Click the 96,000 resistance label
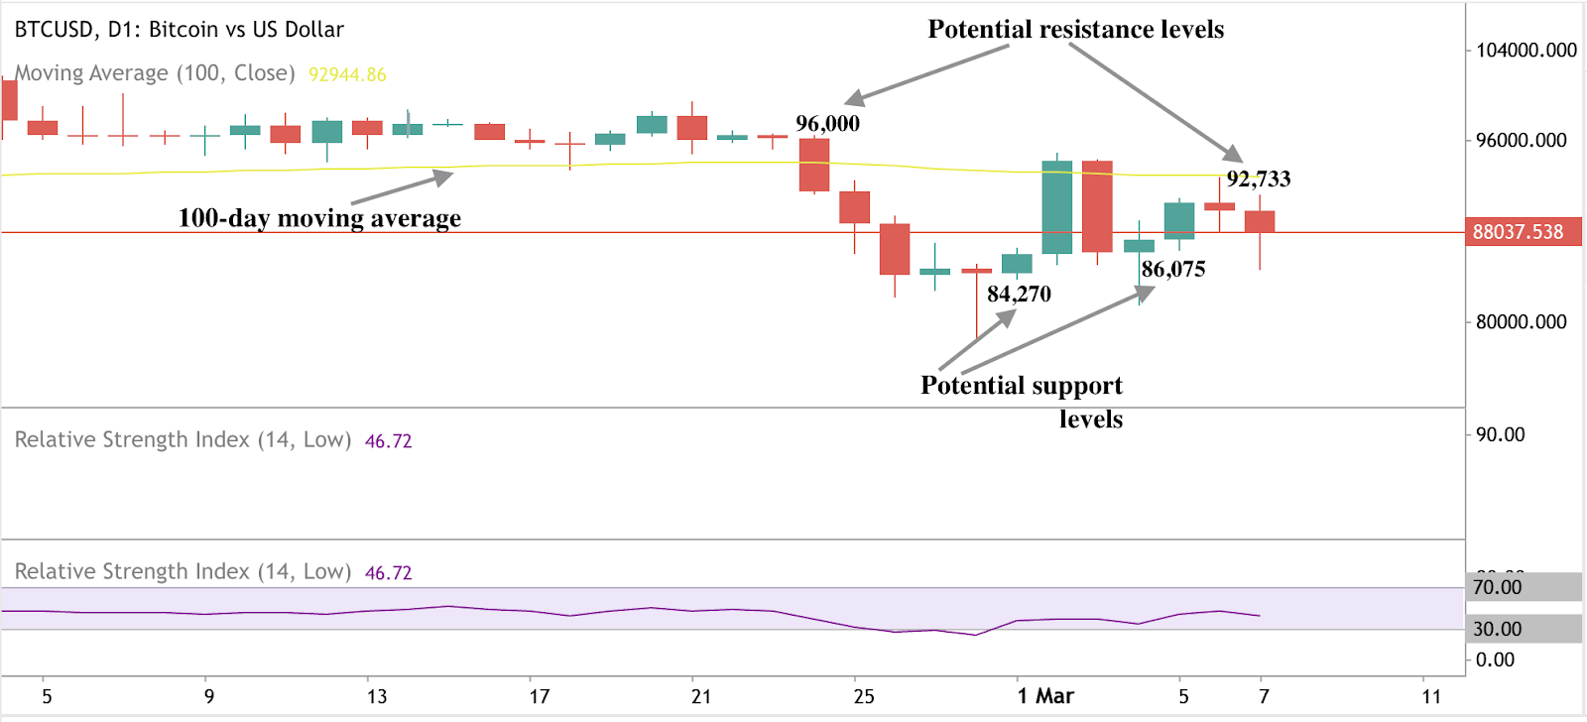click(827, 124)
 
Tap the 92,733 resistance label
click(1258, 180)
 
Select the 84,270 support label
click(1019, 295)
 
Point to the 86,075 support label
click(1172, 270)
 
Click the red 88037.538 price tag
click(1518, 232)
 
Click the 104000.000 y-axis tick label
click(1526, 51)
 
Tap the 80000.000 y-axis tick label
click(1521, 322)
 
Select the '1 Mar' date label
click(1045, 696)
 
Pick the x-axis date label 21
click(700, 696)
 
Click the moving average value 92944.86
click(347, 74)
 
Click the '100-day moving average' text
click(319, 218)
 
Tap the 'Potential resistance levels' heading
click(1075, 30)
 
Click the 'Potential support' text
click(1021, 386)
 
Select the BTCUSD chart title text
click(179, 30)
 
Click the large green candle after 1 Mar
click(1057, 207)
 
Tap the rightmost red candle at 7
click(1260, 221)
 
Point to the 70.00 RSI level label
click(1497, 587)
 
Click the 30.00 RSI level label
click(1497, 629)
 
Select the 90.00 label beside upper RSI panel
click(1500, 434)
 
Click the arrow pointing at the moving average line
click(402, 188)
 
